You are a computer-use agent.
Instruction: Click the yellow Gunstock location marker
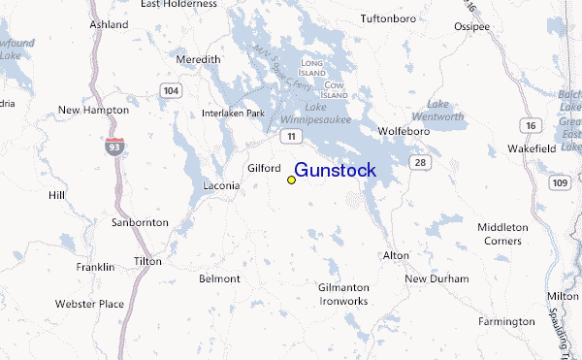[x=291, y=180]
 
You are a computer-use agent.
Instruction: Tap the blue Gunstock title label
[x=335, y=171]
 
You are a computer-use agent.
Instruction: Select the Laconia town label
[x=220, y=185]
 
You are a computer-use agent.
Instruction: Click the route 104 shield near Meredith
[x=171, y=90]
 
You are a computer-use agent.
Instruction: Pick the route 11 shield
[x=289, y=137]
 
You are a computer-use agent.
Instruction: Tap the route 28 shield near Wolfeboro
[x=418, y=161]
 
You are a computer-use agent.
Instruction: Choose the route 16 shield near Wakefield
[x=531, y=126]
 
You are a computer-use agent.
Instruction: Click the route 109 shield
[x=560, y=182]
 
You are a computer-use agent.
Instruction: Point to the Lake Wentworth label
[x=456, y=110]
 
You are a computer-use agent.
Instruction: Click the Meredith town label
[x=198, y=59]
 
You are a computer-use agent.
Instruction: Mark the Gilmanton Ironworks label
[x=343, y=294]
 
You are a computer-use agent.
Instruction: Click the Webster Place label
[x=89, y=304]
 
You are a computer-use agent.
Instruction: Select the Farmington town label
[x=506, y=321]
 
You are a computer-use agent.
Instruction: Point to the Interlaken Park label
[x=233, y=114]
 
